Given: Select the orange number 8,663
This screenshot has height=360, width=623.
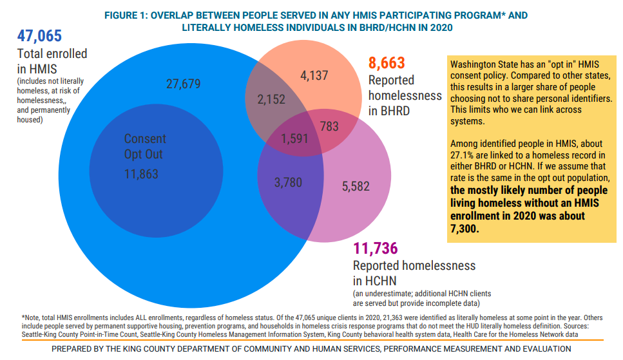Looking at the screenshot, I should pyautogui.click(x=387, y=63).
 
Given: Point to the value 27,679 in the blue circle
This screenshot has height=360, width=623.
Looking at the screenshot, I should pyautogui.click(x=184, y=84).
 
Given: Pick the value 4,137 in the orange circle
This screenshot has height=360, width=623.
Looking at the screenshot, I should pyautogui.click(x=314, y=76).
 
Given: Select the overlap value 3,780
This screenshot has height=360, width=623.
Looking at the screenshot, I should pyautogui.click(x=288, y=182).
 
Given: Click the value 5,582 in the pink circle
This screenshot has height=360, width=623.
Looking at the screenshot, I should pyautogui.click(x=356, y=186).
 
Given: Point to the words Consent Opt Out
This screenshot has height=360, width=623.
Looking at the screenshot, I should pyautogui.click(x=145, y=146).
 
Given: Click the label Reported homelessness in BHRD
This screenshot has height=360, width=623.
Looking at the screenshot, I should pyautogui.click(x=405, y=95).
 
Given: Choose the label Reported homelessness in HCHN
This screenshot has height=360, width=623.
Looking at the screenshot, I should pyautogui.click(x=414, y=272).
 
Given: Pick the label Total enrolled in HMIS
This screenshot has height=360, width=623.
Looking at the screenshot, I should pyautogui.click(x=52, y=61).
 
